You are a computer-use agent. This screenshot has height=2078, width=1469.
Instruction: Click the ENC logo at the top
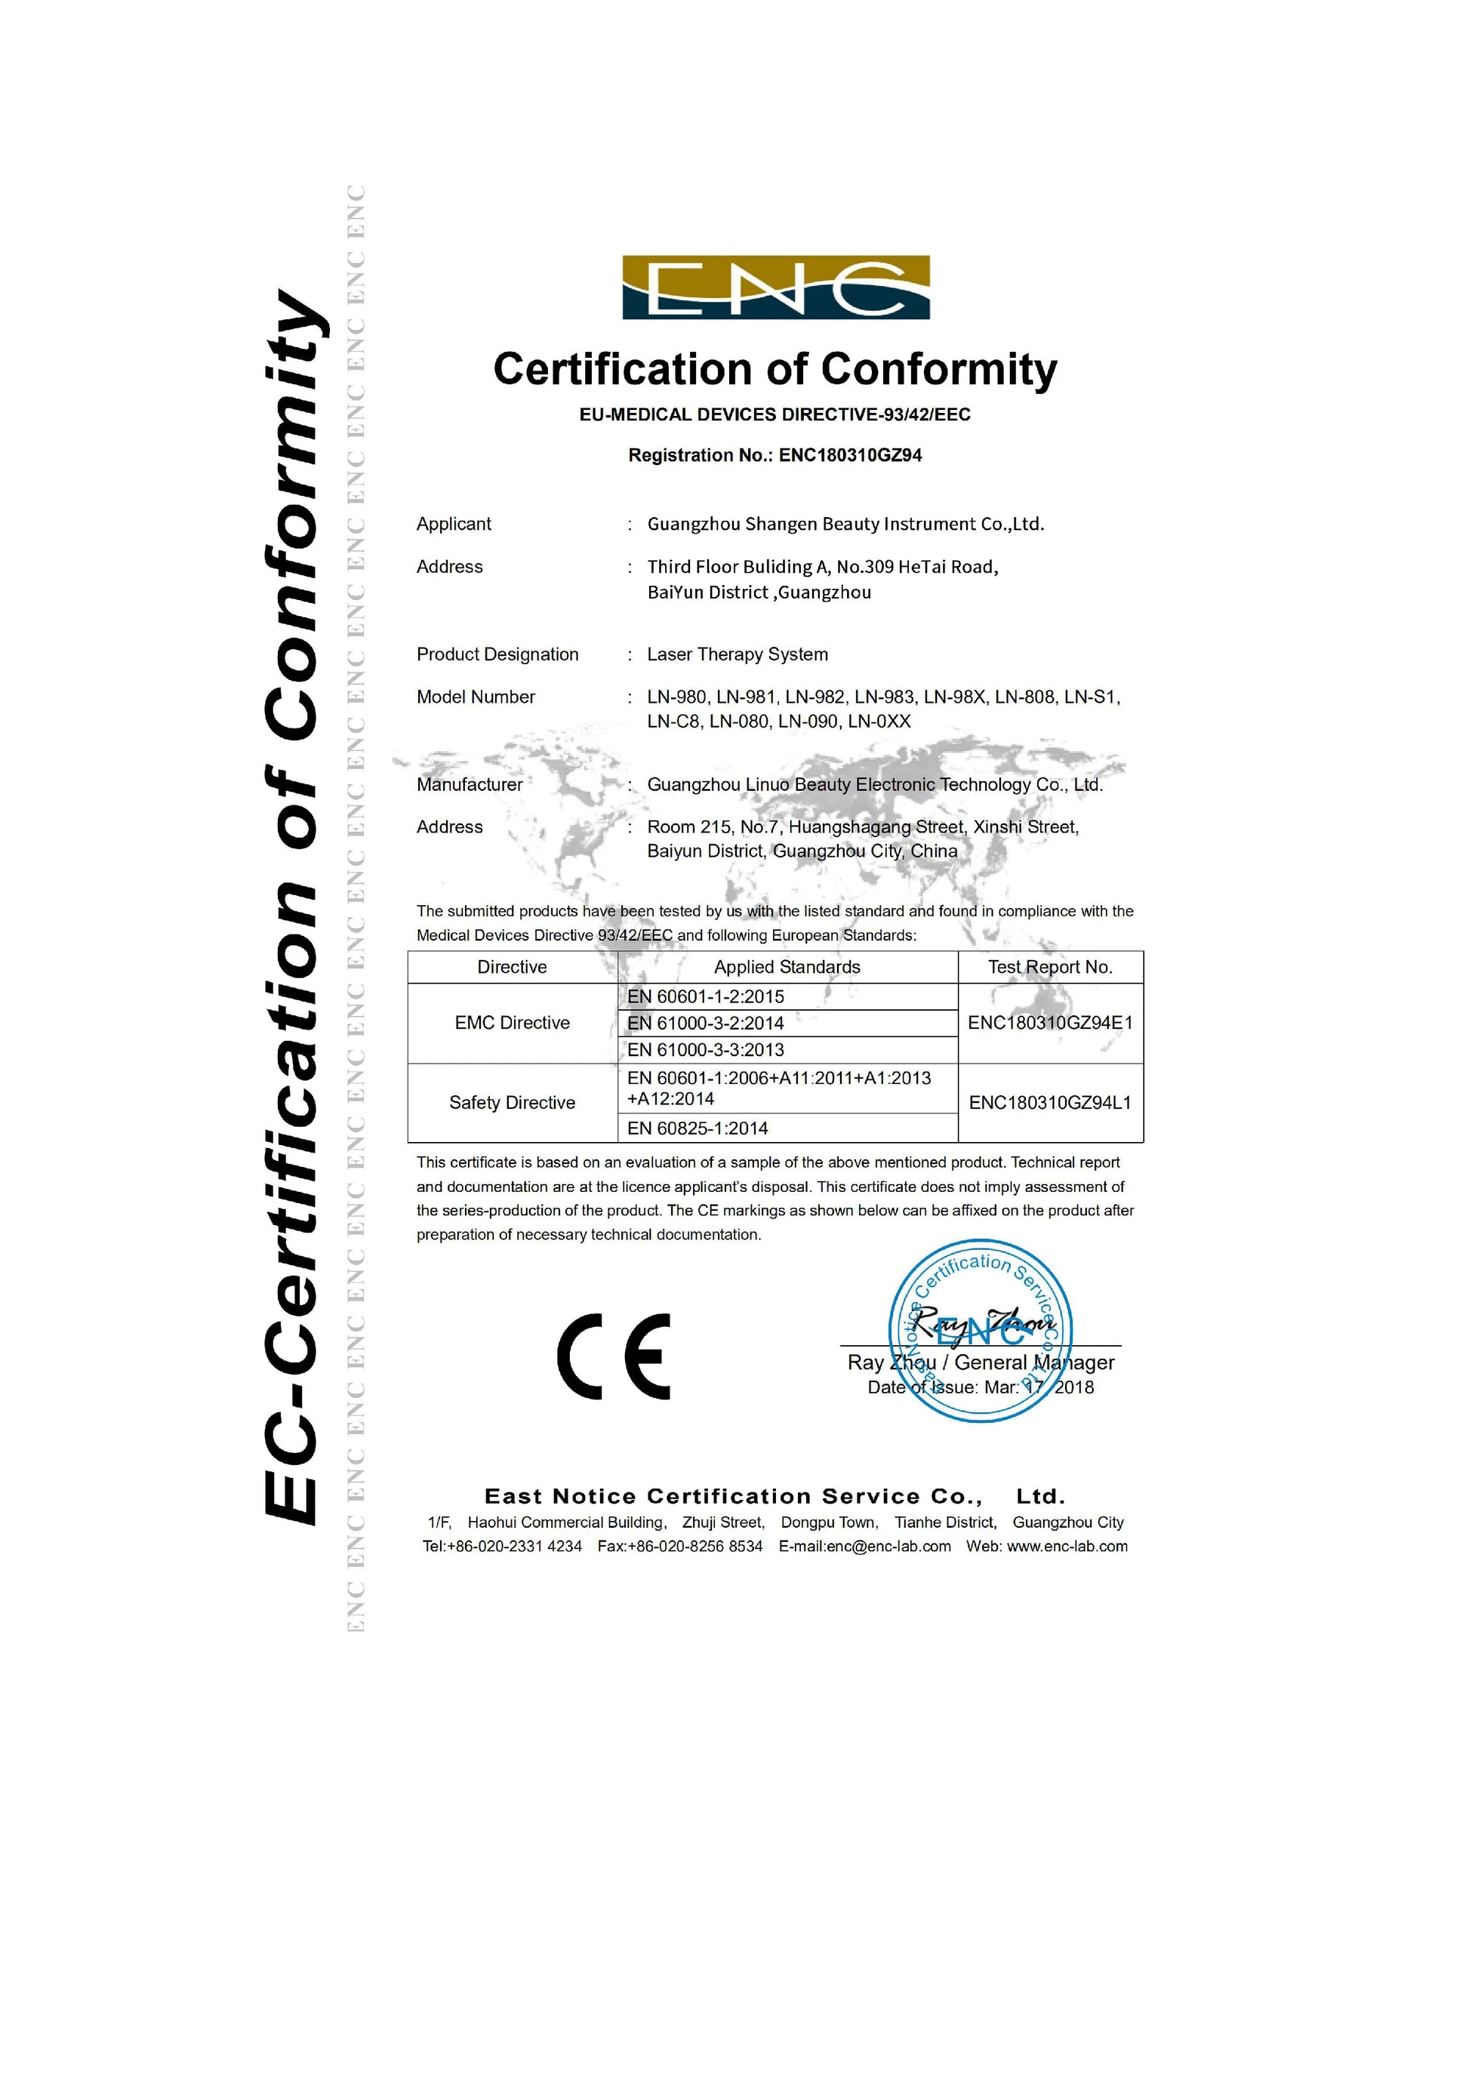pos(776,288)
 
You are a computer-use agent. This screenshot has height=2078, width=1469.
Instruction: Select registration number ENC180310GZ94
pos(850,455)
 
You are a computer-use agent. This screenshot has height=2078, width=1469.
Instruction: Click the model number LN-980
pos(676,697)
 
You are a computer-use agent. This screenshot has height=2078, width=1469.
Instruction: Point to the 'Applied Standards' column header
pos(787,967)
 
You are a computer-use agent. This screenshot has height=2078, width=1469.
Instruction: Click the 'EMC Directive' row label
pos(513,1023)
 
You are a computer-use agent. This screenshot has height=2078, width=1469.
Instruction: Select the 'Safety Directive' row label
pos(513,1102)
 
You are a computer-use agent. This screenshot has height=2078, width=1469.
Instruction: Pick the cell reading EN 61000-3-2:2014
pos(706,1023)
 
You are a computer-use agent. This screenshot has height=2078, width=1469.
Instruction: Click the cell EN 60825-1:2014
pos(698,1128)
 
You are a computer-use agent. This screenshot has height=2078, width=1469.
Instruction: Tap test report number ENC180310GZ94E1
pos(1050,1023)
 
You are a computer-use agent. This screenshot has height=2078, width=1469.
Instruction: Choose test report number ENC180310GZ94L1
pos(1050,1102)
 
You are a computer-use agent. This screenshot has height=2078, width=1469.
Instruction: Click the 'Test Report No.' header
pos(1050,967)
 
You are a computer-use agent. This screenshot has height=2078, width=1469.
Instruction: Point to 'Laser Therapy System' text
pos(738,654)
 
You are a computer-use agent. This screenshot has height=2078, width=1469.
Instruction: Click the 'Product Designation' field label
pos(497,654)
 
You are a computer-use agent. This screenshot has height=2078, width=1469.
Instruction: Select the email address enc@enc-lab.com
pos(888,1546)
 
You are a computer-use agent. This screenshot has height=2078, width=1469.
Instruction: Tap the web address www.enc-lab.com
pos(1067,1546)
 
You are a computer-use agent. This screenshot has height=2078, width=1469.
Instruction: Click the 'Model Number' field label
pos(475,697)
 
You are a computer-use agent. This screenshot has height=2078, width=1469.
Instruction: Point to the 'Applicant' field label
pos(454,524)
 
